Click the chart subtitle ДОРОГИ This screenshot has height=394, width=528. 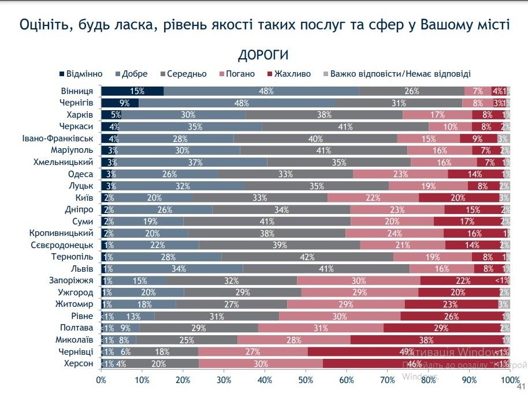click(263, 55)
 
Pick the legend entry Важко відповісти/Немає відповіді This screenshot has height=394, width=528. click(399, 74)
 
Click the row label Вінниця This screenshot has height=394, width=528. click(77, 91)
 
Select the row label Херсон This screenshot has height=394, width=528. click(80, 363)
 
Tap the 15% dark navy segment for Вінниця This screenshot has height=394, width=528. click(132, 91)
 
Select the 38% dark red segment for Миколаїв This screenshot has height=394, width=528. click(426, 340)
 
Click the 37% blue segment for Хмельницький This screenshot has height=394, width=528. click(187, 162)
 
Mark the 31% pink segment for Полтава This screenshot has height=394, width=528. click(321, 328)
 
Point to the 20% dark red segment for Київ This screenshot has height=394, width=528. click(459, 197)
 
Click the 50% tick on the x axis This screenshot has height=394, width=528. click(306, 380)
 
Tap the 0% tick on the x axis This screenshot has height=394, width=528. click(101, 380)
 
